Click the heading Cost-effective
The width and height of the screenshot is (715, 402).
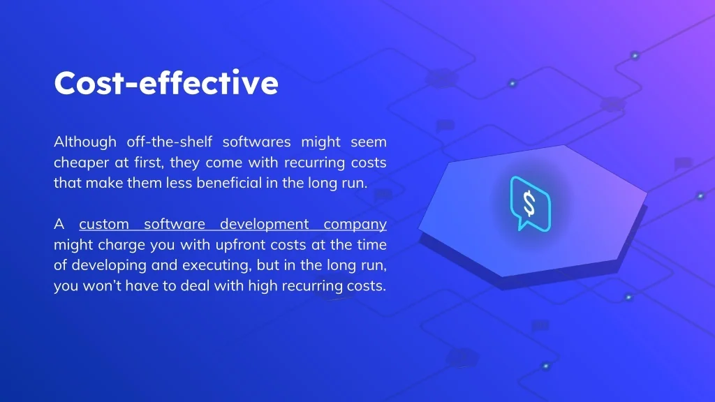(x=166, y=83)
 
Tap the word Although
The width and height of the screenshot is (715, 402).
(x=84, y=142)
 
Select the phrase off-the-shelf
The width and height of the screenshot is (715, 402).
(x=169, y=141)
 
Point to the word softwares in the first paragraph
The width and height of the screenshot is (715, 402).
(x=256, y=141)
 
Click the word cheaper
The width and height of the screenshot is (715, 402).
(x=81, y=163)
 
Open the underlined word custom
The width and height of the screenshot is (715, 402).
(x=104, y=224)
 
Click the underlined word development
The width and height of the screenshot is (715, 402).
(x=264, y=224)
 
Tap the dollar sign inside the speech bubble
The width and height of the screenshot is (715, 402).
(x=529, y=204)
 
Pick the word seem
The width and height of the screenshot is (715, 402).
(x=369, y=142)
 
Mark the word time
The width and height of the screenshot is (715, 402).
(x=371, y=244)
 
